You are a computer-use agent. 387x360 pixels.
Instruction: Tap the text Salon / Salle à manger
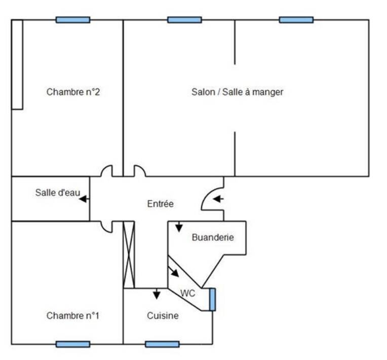(237, 92)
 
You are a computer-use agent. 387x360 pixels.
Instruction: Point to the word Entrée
(161, 204)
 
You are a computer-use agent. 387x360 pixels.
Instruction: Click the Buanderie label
(213, 237)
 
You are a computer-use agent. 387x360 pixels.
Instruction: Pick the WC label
(187, 293)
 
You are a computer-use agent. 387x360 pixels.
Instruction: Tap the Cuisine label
(163, 316)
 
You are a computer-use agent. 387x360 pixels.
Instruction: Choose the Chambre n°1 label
(73, 316)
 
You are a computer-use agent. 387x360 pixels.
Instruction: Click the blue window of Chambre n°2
(73, 20)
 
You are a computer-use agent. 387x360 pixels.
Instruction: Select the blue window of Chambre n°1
(73, 344)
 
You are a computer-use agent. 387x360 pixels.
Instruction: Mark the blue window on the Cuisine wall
(162, 344)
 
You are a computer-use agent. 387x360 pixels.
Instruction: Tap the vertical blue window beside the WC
(212, 299)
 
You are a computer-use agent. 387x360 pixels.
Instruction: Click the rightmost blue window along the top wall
(296, 20)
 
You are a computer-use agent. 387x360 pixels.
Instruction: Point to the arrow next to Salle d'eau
(84, 199)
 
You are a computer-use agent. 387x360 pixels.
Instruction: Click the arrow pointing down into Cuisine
(157, 294)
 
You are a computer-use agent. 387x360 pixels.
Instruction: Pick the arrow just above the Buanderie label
(179, 227)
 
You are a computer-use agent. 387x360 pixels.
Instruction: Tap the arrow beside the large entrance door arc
(218, 199)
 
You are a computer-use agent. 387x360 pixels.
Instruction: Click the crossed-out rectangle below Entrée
(129, 255)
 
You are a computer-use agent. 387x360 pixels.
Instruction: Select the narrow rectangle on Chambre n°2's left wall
(17, 64)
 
